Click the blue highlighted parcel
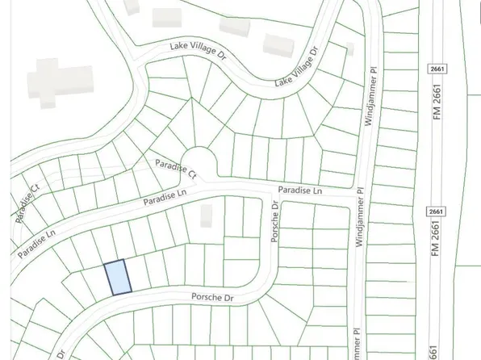118,278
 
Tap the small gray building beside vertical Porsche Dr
207,215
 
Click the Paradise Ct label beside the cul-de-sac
176,168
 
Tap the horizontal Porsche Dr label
211,298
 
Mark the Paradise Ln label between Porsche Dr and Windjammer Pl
300,190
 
